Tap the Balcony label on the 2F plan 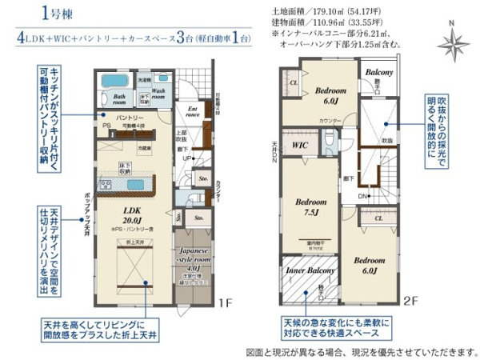[380, 73]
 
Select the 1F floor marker [227, 302]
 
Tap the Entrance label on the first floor [193, 112]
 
